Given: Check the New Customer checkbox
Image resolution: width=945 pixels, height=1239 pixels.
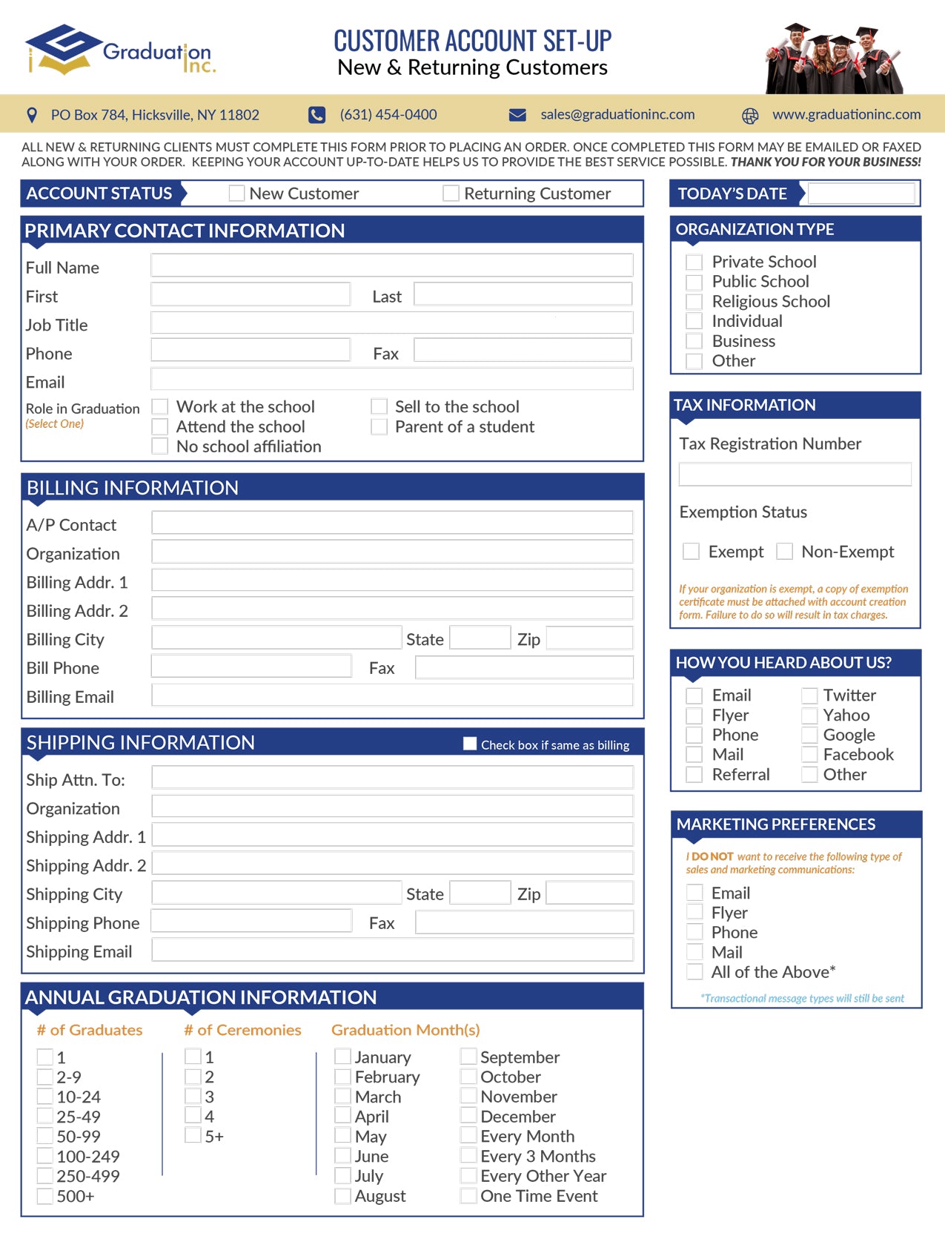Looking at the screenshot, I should pyautogui.click(x=236, y=194).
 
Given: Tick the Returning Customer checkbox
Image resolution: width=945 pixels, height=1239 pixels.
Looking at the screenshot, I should pyautogui.click(x=451, y=194).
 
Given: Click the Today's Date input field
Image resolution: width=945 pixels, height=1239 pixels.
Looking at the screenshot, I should pyautogui.click(x=861, y=194).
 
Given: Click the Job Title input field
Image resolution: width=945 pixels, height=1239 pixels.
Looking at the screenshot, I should pyautogui.click(x=391, y=323).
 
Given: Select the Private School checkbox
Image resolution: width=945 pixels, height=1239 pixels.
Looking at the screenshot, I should pyautogui.click(x=694, y=262).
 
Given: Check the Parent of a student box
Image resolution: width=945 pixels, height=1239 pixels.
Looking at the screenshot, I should pyautogui.click(x=379, y=427).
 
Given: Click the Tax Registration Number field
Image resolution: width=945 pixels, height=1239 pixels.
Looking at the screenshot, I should pyautogui.click(x=795, y=475).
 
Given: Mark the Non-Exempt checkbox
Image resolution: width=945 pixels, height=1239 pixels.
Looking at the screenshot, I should pyautogui.click(x=784, y=552).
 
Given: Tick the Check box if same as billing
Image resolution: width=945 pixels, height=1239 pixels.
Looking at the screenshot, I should pyautogui.click(x=470, y=744).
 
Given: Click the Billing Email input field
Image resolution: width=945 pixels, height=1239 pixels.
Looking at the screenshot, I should pyautogui.click(x=391, y=696).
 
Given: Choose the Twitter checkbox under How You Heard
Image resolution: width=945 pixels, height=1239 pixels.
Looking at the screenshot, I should pyautogui.click(x=809, y=696).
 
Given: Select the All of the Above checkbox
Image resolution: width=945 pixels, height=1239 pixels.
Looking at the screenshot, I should pyautogui.click(x=694, y=972).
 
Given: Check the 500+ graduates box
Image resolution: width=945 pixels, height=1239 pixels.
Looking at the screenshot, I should pyautogui.click(x=45, y=1196).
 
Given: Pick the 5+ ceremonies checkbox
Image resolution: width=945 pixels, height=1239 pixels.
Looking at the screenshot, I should pyautogui.click(x=193, y=1136).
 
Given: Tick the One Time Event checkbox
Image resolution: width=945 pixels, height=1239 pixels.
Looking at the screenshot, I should pyautogui.click(x=468, y=1196).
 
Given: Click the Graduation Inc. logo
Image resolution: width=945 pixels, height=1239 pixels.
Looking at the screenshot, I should pyautogui.click(x=119, y=50).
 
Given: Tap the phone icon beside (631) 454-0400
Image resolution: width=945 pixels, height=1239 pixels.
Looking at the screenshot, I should pyautogui.click(x=317, y=115).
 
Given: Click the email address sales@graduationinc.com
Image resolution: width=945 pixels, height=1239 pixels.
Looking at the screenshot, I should pyautogui.click(x=617, y=115).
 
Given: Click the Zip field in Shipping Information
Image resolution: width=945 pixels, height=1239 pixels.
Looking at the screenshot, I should pyautogui.click(x=589, y=893).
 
